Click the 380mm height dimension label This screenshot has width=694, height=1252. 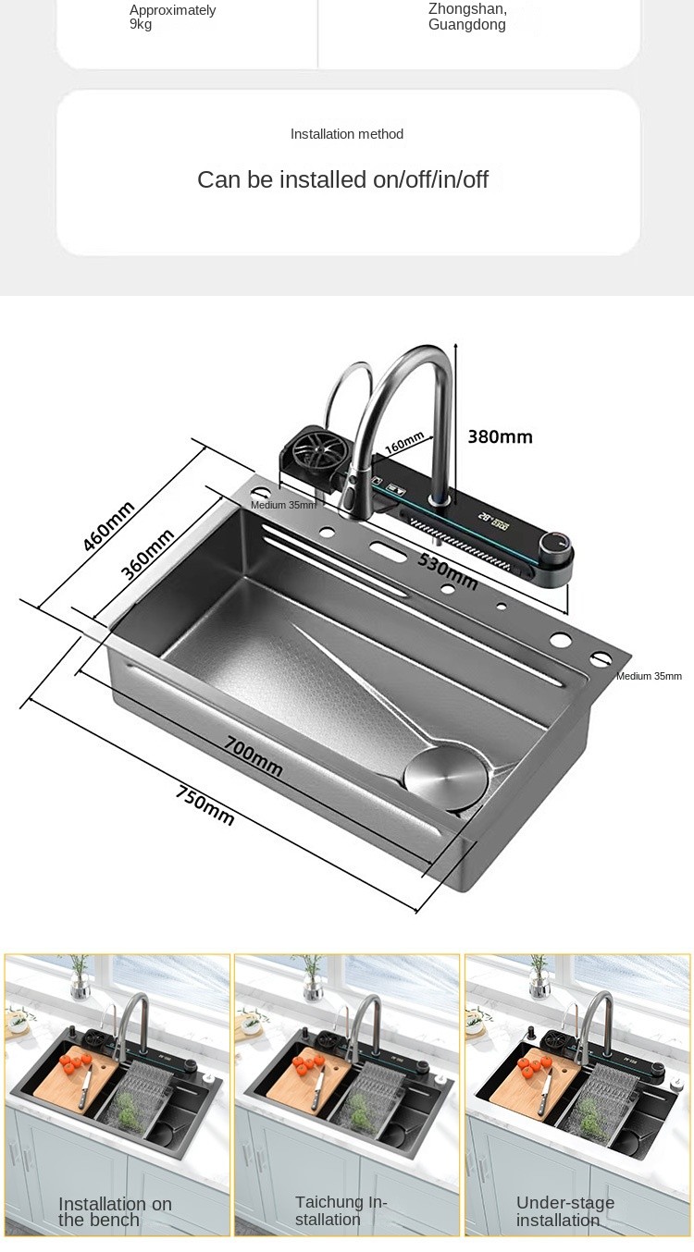tap(500, 436)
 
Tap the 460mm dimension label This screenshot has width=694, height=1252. tap(109, 526)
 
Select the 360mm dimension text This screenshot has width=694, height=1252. tap(148, 554)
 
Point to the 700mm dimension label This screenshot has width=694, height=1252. tap(254, 755)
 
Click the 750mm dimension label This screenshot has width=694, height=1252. tap(205, 804)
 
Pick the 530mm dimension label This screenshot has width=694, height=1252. tap(447, 571)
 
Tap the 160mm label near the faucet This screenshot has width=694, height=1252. tap(403, 443)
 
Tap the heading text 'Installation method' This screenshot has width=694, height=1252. tap(347, 134)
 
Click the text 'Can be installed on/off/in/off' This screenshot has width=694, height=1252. tap(342, 180)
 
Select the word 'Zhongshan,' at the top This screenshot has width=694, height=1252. tap(467, 9)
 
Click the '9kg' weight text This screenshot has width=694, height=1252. tap(141, 24)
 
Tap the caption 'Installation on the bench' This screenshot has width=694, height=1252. tap(115, 1211)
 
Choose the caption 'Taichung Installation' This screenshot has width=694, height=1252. tap(341, 1210)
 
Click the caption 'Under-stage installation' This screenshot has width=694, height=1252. tap(564, 1211)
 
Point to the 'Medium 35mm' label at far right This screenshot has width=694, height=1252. tap(649, 676)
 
